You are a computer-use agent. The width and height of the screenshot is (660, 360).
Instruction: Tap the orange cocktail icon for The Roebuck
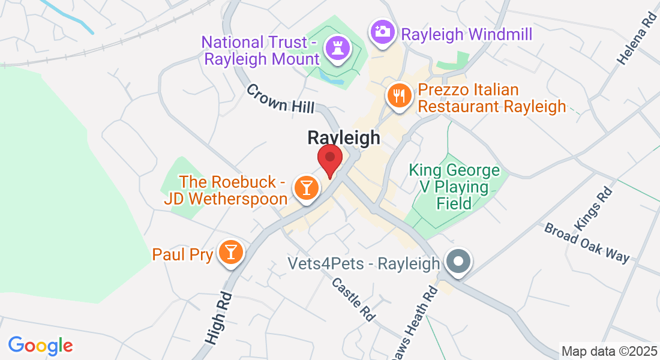tap(306, 187)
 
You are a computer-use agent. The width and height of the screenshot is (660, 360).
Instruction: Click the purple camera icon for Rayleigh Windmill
tap(382, 31)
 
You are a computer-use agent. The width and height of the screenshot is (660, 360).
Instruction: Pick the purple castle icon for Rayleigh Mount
tap(334, 49)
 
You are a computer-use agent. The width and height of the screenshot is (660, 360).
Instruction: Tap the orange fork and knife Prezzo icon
tap(398, 95)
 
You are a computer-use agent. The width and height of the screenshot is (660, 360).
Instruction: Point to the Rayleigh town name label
tap(344, 137)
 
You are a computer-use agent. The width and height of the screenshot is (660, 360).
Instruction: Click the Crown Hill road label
tap(280, 98)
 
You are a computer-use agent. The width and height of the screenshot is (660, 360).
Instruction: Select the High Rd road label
tap(218, 319)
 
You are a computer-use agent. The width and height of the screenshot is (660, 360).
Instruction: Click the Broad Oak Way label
tap(587, 243)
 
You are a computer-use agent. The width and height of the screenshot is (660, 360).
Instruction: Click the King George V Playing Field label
tap(454, 187)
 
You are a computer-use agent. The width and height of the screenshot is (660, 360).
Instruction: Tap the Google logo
tap(40, 346)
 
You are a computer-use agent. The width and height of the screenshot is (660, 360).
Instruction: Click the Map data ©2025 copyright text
tap(609, 350)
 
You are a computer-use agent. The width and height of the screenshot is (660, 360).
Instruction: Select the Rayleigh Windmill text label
tap(467, 34)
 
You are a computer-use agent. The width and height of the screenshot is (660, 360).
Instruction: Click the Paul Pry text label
tap(183, 254)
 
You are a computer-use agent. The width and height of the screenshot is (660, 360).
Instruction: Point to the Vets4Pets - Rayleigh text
tap(364, 263)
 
